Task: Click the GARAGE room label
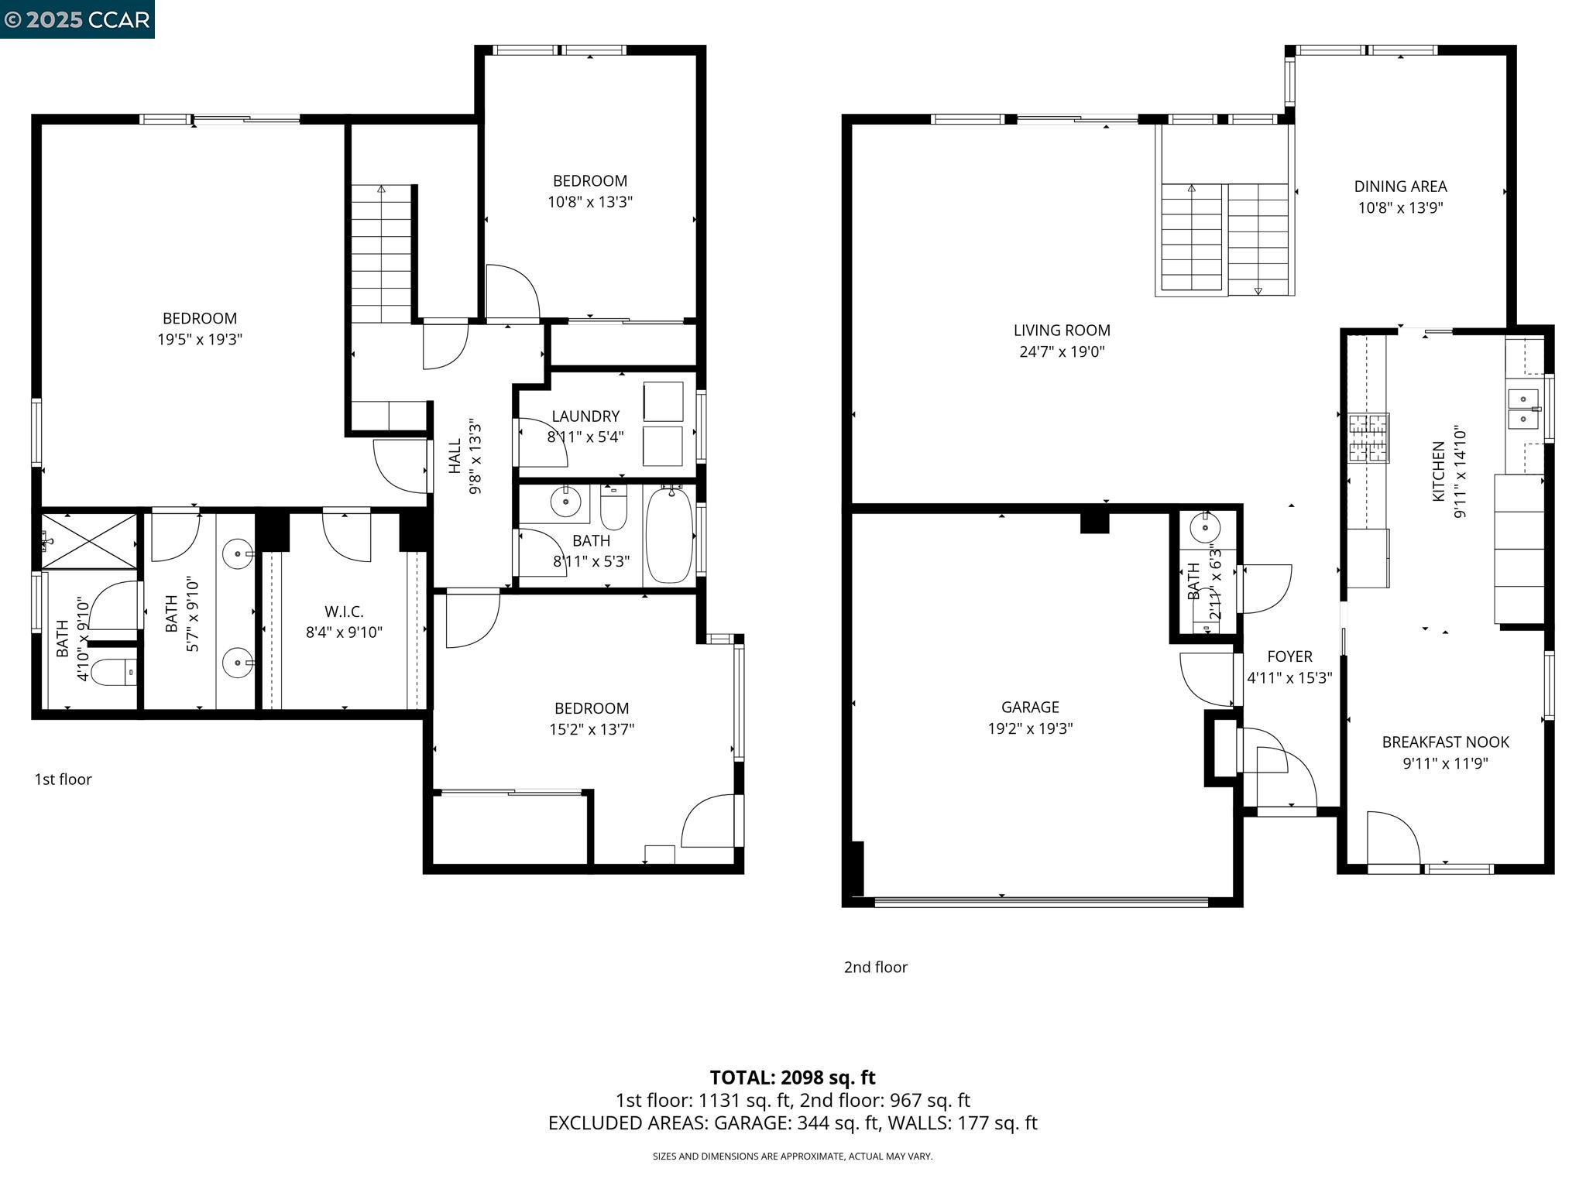click(1029, 707)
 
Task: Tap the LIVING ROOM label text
click(1061, 331)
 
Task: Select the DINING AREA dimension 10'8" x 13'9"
click(1400, 208)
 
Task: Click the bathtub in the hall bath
click(668, 535)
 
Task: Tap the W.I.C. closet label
click(344, 612)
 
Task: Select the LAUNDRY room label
click(585, 416)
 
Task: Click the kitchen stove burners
click(1368, 437)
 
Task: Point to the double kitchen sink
click(1522, 409)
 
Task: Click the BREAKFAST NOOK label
click(1445, 742)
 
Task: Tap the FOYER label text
click(1289, 656)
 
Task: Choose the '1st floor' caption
click(63, 780)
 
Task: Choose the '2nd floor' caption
click(875, 967)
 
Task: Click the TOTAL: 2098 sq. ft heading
click(792, 1078)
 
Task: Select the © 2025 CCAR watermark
click(77, 19)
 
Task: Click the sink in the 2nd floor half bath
click(1205, 528)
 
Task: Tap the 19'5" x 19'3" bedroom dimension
click(200, 339)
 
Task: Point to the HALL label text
click(455, 457)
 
